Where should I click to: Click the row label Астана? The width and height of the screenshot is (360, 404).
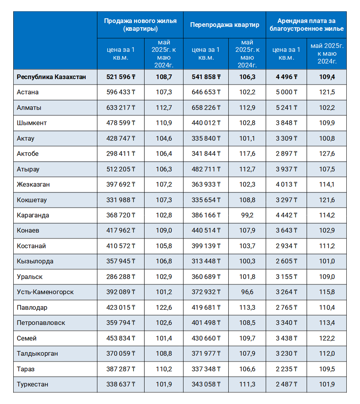[x=28, y=92]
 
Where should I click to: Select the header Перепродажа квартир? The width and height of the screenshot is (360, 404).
[x=224, y=25]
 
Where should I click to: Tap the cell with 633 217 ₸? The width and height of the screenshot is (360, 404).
[x=121, y=108]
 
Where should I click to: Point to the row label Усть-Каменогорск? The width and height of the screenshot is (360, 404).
[x=45, y=292]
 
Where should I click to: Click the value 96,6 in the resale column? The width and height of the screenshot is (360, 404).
[x=247, y=292]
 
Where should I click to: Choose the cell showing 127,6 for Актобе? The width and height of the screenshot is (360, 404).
[x=327, y=154]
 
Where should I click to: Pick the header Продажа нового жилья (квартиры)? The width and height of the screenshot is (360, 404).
[x=140, y=25]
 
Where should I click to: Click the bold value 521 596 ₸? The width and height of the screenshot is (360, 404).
[x=121, y=77]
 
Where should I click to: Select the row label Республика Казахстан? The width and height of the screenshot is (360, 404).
[x=51, y=77]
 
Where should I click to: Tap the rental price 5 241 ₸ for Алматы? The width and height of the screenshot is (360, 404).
[x=286, y=108]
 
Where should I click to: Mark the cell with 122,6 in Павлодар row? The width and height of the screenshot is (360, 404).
[x=164, y=307]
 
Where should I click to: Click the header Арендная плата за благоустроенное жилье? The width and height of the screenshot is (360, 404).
[x=306, y=25]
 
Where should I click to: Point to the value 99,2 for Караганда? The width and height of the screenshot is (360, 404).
[x=247, y=215]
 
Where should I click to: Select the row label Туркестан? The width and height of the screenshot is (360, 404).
[x=32, y=384]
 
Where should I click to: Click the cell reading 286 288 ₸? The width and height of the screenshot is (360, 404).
[x=121, y=277]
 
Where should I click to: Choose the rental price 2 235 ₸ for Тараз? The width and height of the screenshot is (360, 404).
[x=286, y=369]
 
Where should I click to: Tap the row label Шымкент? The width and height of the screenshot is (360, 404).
[x=32, y=123]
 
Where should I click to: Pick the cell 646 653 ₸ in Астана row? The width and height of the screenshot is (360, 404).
[x=206, y=92]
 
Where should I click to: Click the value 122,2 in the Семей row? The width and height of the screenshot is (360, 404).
[x=327, y=338]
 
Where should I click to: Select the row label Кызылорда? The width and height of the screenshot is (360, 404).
[x=35, y=261]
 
